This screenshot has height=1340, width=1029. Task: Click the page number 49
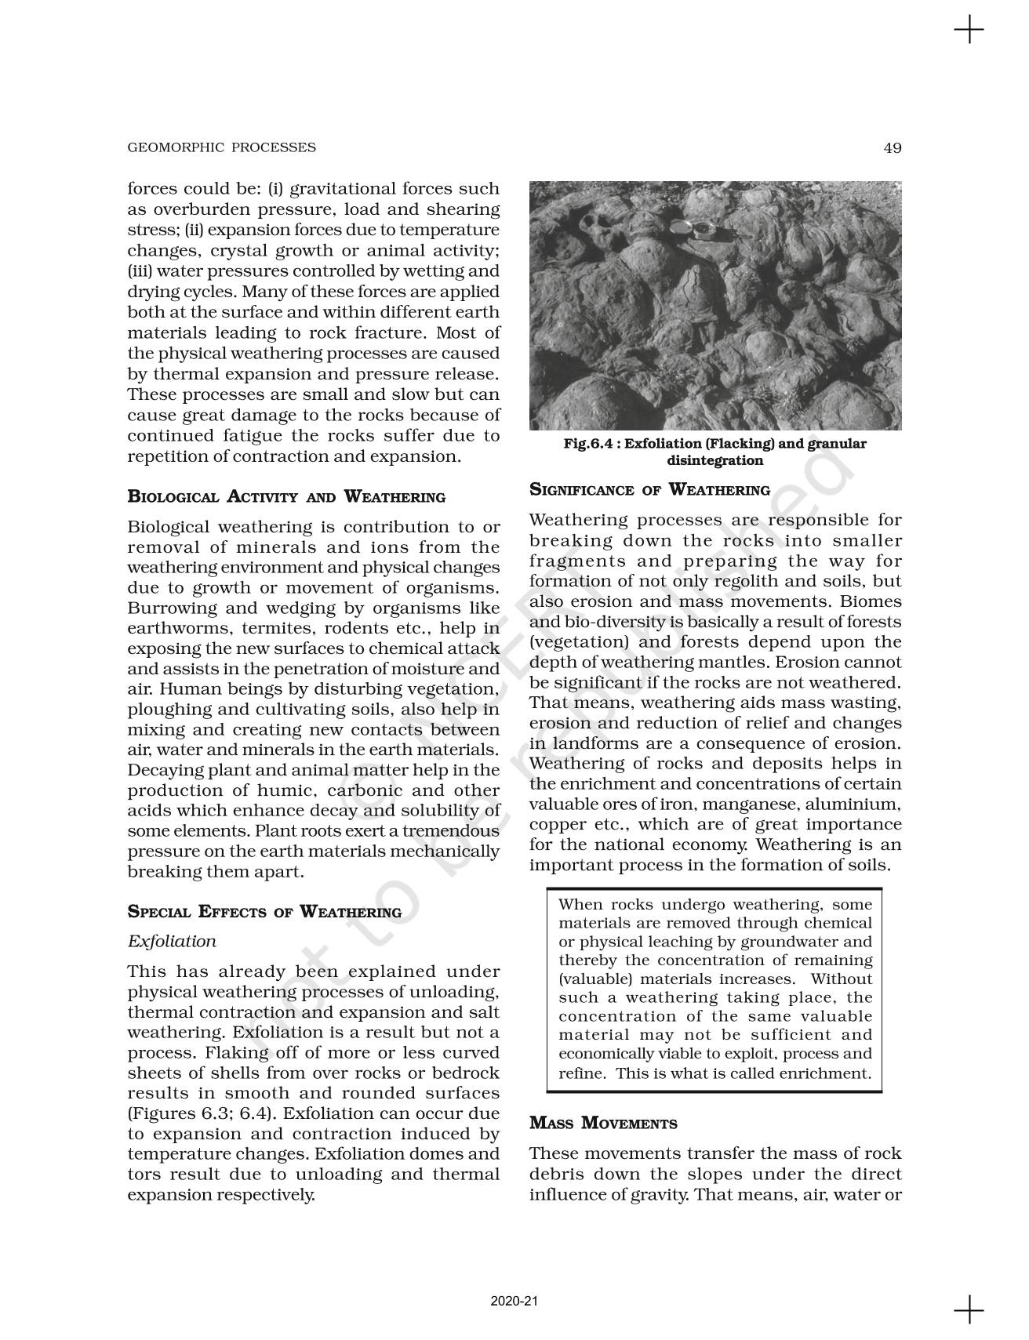(x=892, y=147)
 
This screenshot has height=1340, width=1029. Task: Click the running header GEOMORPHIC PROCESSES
(x=222, y=147)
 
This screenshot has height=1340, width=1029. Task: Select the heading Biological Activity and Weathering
(x=286, y=497)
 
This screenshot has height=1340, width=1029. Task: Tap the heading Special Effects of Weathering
(x=264, y=912)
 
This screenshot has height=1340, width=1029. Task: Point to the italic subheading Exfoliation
(x=172, y=941)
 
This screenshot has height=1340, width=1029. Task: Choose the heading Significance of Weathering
(x=649, y=490)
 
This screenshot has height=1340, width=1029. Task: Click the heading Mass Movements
(x=603, y=1124)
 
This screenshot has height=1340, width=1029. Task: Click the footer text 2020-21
(x=514, y=1302)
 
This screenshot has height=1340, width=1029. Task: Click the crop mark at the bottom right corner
(x=969, y=1309)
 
